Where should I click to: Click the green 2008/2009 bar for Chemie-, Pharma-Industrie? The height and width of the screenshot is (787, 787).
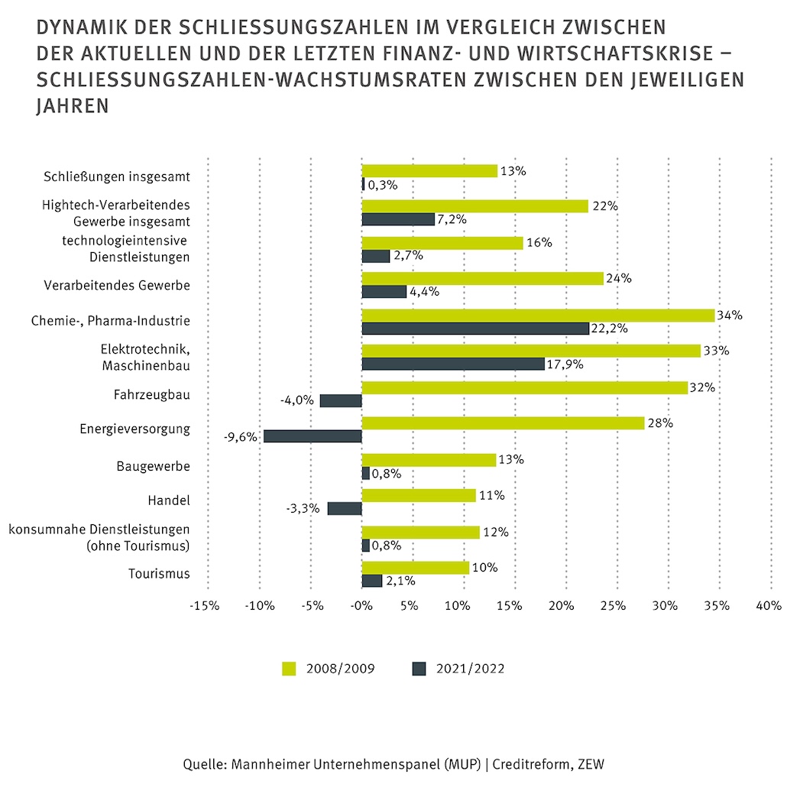point(538,316)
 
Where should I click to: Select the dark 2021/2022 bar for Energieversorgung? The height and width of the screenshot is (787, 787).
point(313,436)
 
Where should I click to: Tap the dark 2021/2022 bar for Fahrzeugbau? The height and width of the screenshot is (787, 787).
point(341,400)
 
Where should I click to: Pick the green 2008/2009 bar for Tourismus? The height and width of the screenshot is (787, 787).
point(416,568)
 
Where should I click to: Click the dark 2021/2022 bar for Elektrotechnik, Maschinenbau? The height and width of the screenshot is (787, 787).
point(453,364)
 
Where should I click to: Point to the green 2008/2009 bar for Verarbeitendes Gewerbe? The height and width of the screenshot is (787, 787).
point(482,279)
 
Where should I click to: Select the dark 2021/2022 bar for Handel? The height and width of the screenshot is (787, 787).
point(345,508)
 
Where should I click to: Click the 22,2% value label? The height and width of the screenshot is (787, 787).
point(609,329)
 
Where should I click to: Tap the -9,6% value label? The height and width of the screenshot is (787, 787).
point(241,437)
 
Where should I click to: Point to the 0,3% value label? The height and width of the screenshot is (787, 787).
point(383,185)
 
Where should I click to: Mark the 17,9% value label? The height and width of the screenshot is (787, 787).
point(565,364)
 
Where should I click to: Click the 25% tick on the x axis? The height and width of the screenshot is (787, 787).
point(614,606)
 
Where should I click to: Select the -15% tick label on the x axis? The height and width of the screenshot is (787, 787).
point(205,606)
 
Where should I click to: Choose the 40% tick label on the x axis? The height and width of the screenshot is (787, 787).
point(769,606)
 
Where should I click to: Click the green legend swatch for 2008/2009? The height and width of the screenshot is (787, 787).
point(289,669)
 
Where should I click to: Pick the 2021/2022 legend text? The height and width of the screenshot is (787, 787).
point(471,669)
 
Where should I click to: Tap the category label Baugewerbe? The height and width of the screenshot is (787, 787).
point(153,466)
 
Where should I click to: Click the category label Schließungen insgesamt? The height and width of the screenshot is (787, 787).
point(117,177)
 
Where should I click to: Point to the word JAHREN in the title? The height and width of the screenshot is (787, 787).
point(73,106)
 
